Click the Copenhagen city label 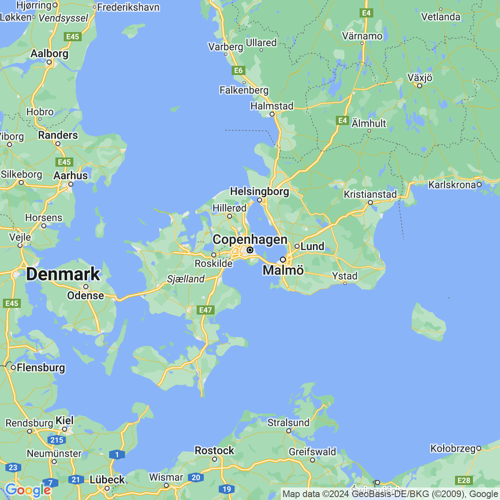pyautogui.click(x=250, y=240)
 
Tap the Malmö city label pyautogui.click(x=283, y=270)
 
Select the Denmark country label pyautogui.click(x=63, y=274)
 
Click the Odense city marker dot pyautogui.click(x=85, y=287)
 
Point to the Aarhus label pyautogui.click(x=71, y=175)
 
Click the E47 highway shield pyautogui.click(x=206, y=310)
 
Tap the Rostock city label pyautogui.click(x=215, y=450)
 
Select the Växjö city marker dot pyautogui.click(x=420, y=86)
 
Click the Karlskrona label pyautogui.click(x=452, y=185)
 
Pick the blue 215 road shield pyautogui.click(x=57, y=440)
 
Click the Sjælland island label pyautogui.click(x=186, y=279)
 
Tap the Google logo pyautogui.click(x=27, y=490)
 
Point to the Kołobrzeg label pyautogui.click(x=453, y=448)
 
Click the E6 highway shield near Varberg pyautogui.click(x=238, y=70)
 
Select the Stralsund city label pyautogui.click(x=288, y=422)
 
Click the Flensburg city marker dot pyautogui.click(x=13, y=367)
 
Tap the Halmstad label pyautogui.click(x=272, y=106)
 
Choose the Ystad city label pyautogui.click(x=345, y=276)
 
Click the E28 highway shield pyautogui.click(x=464, y=480)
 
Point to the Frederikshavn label pyautogui.click(x=128, y=7)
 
